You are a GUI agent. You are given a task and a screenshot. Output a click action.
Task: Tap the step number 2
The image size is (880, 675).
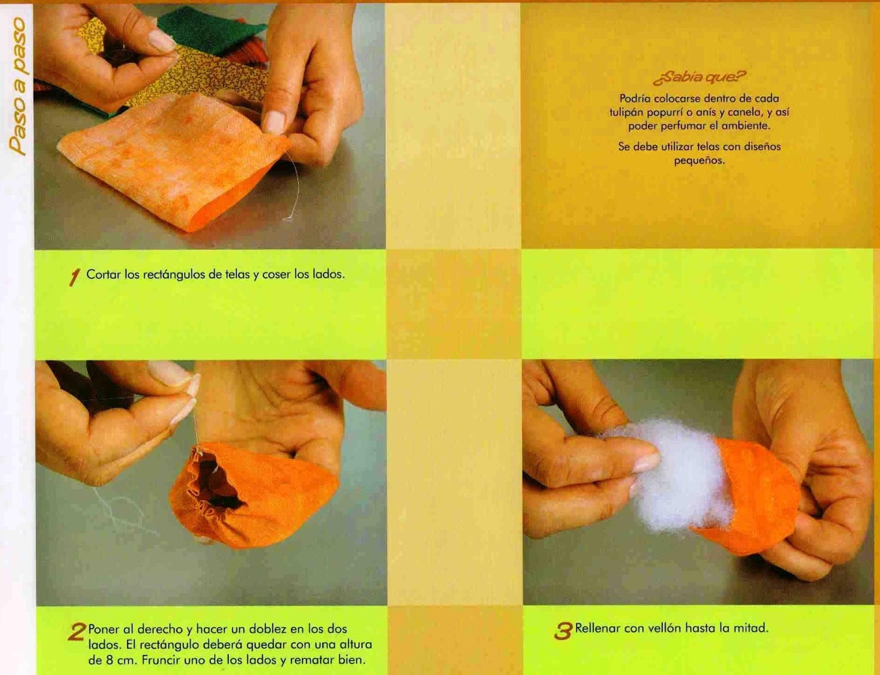pos(77,632)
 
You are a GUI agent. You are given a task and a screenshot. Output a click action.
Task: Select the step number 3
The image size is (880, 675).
pos(563,631)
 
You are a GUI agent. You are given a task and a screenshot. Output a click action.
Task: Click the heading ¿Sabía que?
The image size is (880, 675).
pos(700,78)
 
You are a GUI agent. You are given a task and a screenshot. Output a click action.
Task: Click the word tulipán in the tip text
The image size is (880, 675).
pos(626,112)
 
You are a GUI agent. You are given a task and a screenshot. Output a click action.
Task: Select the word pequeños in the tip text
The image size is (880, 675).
pos(700,161)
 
